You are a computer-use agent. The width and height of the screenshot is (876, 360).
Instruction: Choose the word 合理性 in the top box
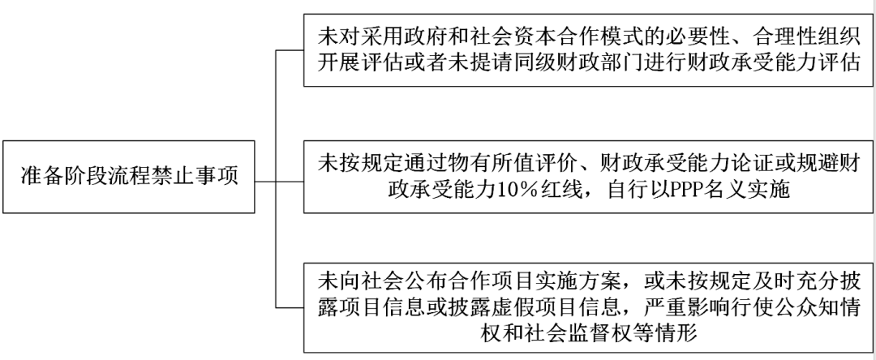[x=733, y=37]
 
